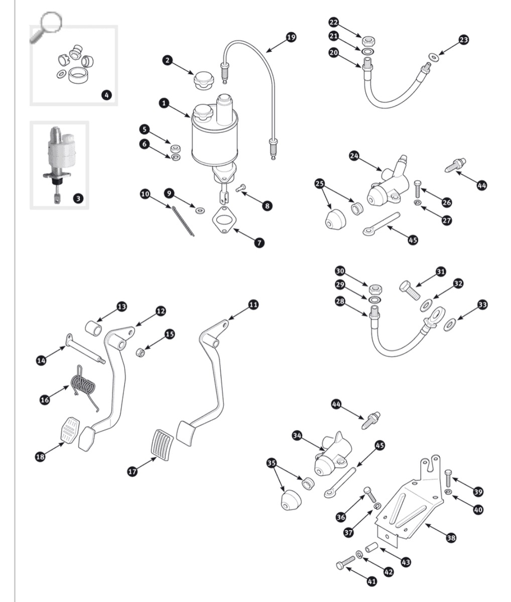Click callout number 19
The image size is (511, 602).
(x=291, y=37)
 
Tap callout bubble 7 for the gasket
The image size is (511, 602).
(x=259, y=242)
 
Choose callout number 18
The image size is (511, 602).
(x=40, y=456)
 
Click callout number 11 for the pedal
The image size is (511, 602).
(x=253, y=305)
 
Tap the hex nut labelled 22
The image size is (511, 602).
(x=368, y=40)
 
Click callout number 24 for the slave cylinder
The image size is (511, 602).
(x=354, y=156)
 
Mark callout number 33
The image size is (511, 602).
(x=482, y=305)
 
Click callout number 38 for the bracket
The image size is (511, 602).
(x=451, y=537)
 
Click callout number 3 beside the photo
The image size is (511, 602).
(x=78, y=198)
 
